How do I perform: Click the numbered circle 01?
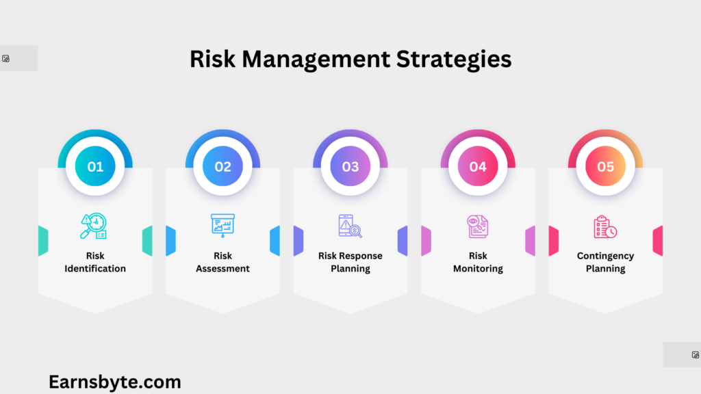coord(95,166)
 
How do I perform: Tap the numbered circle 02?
coord(222,166)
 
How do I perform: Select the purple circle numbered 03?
coord(350,166)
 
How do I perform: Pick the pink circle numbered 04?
coord(478,166)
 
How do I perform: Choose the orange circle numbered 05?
coord(606,166)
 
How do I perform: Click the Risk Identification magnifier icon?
coord(93,226)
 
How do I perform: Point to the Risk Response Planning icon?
coord(350,226)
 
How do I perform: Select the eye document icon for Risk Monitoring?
coord(478,226)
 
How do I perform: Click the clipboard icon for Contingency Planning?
coord(605,226)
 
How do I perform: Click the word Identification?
coord(95,268)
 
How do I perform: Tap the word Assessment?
coord(222,268)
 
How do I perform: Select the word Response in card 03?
coord(361,256)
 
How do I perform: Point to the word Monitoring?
coord(478,268)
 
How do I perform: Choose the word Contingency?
coord(605,256)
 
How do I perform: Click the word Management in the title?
coord(316,60)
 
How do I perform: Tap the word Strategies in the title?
coord(454,60)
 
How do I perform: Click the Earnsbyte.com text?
coord(115,382)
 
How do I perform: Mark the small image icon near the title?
coord(5,59)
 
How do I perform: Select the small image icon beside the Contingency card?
coord(696,355)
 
